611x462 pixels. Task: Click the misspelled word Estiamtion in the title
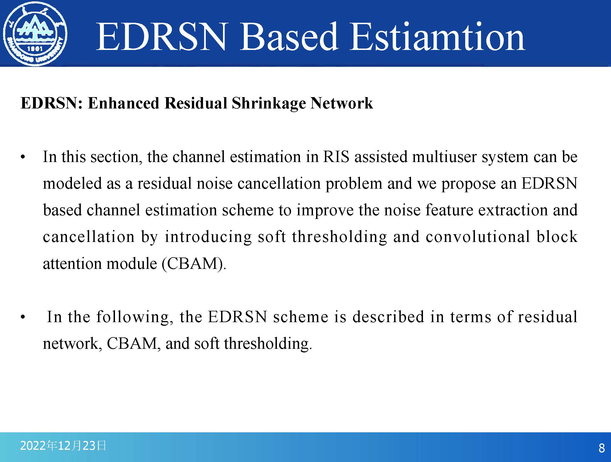[x=437, y=37]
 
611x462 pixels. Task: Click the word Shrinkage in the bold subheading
[x=269, y=103]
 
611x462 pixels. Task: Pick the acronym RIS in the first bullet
[x=336, y=157]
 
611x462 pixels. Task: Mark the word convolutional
[x=477, y=237]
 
